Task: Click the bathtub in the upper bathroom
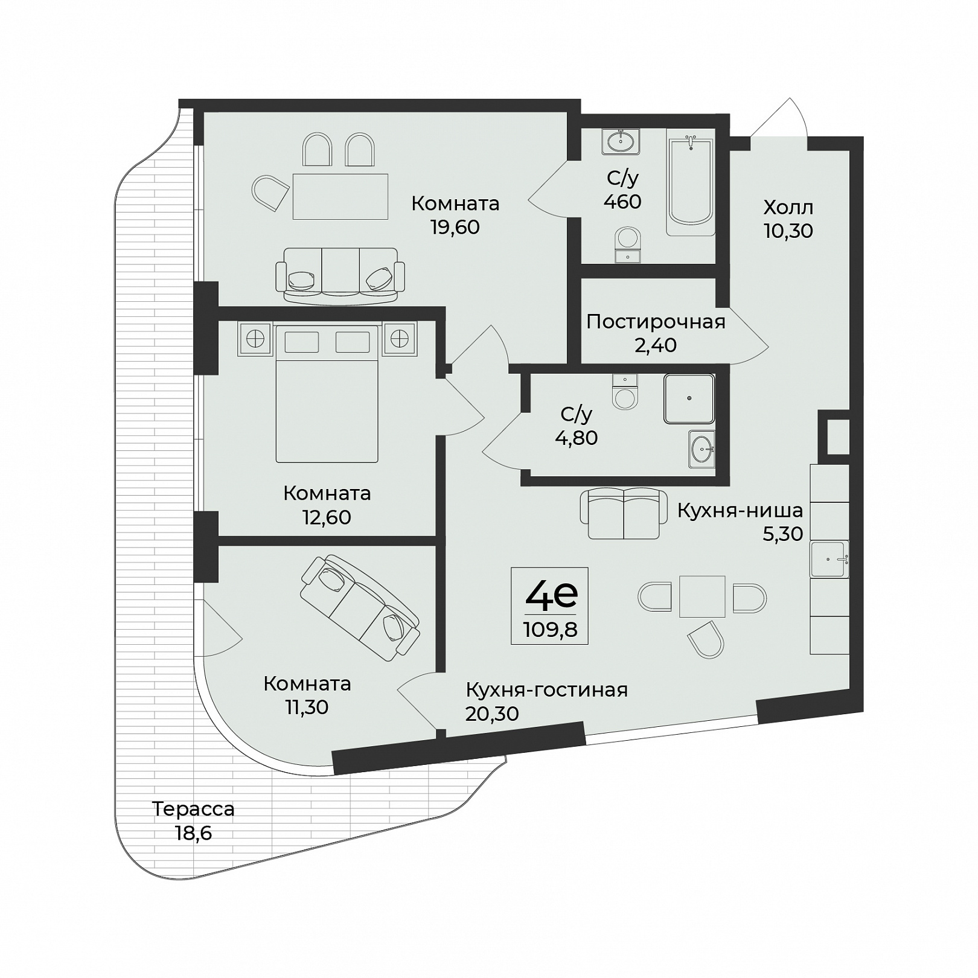click(x=691, y=186)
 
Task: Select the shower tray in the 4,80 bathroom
click(x=689, y=398)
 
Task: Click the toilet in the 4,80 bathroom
click(x=624, y=392)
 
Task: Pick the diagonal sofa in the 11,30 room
click(x=360, y=607)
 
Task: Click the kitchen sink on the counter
click(x=829, y=559)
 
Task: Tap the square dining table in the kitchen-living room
click(x=702, y=596)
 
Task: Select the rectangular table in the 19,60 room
click(x=340, y=196)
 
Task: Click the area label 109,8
click(x=550, y=630)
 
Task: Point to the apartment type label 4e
click(x=551, y=595)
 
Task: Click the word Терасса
click(x=193, y=809)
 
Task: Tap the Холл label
click(x=788, y=208)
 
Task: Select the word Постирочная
click(x=656, y=322)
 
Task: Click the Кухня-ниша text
click(x=740, y=511)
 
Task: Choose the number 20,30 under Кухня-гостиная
click(x=492, y=714)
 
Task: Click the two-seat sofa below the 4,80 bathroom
click(x=624, y=514)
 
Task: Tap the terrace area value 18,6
click(x=193, y=833)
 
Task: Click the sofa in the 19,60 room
click(x=340, y=275)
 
